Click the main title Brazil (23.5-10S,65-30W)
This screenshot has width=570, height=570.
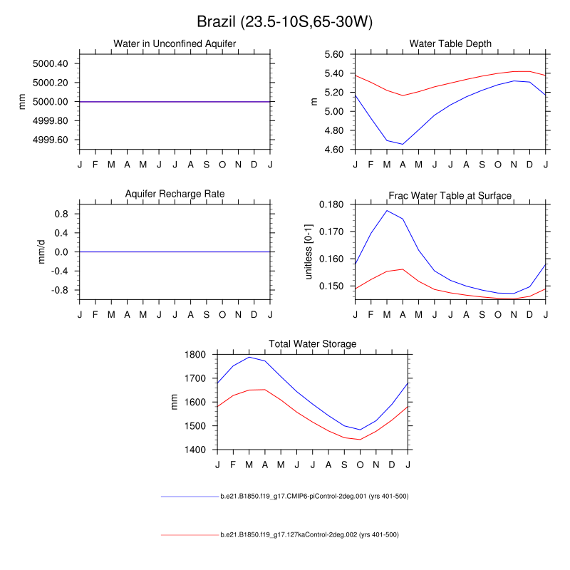(x=284, y=22)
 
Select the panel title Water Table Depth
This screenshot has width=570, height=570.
(x=450, y=44)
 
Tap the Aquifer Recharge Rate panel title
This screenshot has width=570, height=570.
(x=175, y=194)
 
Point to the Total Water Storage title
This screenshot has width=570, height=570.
(x=312, y=344)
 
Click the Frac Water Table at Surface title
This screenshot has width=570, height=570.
(x=450, y=195)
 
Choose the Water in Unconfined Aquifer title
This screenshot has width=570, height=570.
(x=175, y=44)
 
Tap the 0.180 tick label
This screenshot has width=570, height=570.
(x=331, y=204)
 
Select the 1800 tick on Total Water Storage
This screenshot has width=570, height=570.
(x=196, y=354)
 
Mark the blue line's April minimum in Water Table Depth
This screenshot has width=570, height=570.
(x=403, y=144)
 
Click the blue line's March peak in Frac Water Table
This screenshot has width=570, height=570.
(x=387, y=211)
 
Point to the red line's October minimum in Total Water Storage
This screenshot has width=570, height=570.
(x=360, y=439)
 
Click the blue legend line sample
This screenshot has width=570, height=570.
(x=189, y=496)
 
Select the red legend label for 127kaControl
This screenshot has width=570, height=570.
(x=309, y=534)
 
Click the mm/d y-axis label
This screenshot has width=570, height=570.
(x=41, y=252)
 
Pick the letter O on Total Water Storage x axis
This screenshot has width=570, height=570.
(x=360, y=465)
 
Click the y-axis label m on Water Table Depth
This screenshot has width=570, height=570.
(x=314, y=102)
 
